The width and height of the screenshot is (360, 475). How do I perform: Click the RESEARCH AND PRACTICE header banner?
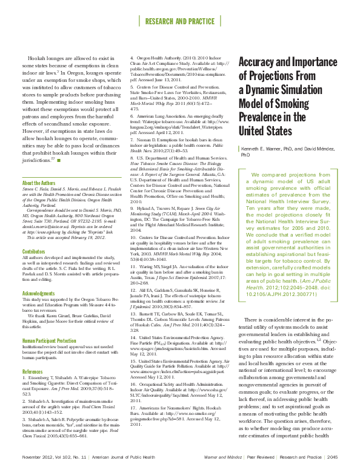(180, 21)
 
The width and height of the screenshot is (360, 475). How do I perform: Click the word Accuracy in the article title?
(263, 62)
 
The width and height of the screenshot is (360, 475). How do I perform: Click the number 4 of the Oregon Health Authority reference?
(132, 58)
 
